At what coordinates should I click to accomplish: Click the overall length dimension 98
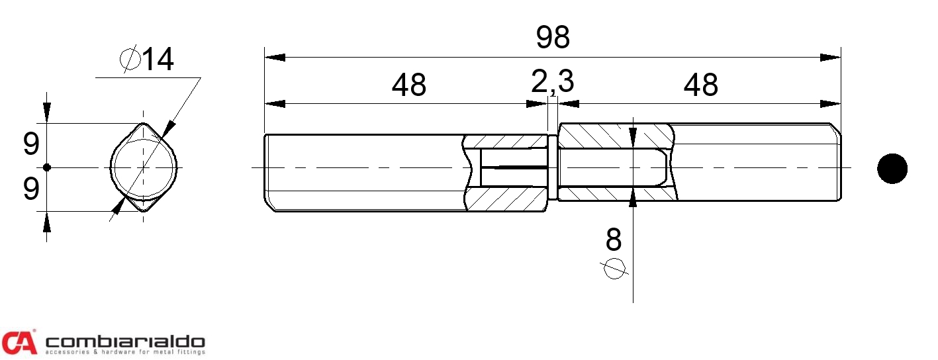(x=553, y=37)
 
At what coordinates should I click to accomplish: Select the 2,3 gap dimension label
(x=552, y=81)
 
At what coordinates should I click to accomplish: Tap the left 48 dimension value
(x=408, y=85)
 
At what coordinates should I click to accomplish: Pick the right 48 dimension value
(x=700, y=85)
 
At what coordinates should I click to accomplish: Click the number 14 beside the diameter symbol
(x=158, y=60)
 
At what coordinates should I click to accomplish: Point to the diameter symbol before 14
(x=130, y=59)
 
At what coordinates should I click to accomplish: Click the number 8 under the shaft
(x=614, y=240)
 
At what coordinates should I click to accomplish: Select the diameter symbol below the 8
(x=614, y=268)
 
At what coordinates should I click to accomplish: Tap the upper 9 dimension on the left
(x=31, y=144)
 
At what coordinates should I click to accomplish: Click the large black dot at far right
(x=892, y=168)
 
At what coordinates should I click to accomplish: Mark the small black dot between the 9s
(x=47, y=167)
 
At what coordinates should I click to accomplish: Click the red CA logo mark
(x=19, y=342)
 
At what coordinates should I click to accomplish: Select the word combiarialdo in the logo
(x=125, y=342)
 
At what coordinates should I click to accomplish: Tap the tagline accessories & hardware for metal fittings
(x=125, y=352)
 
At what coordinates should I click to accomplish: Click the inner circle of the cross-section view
(x=144, y=167)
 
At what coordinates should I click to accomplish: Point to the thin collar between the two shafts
(x=553, y=167)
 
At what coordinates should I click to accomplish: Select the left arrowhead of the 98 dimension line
(x=275, y=58)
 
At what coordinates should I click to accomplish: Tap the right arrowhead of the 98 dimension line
(x=830, y=58)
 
